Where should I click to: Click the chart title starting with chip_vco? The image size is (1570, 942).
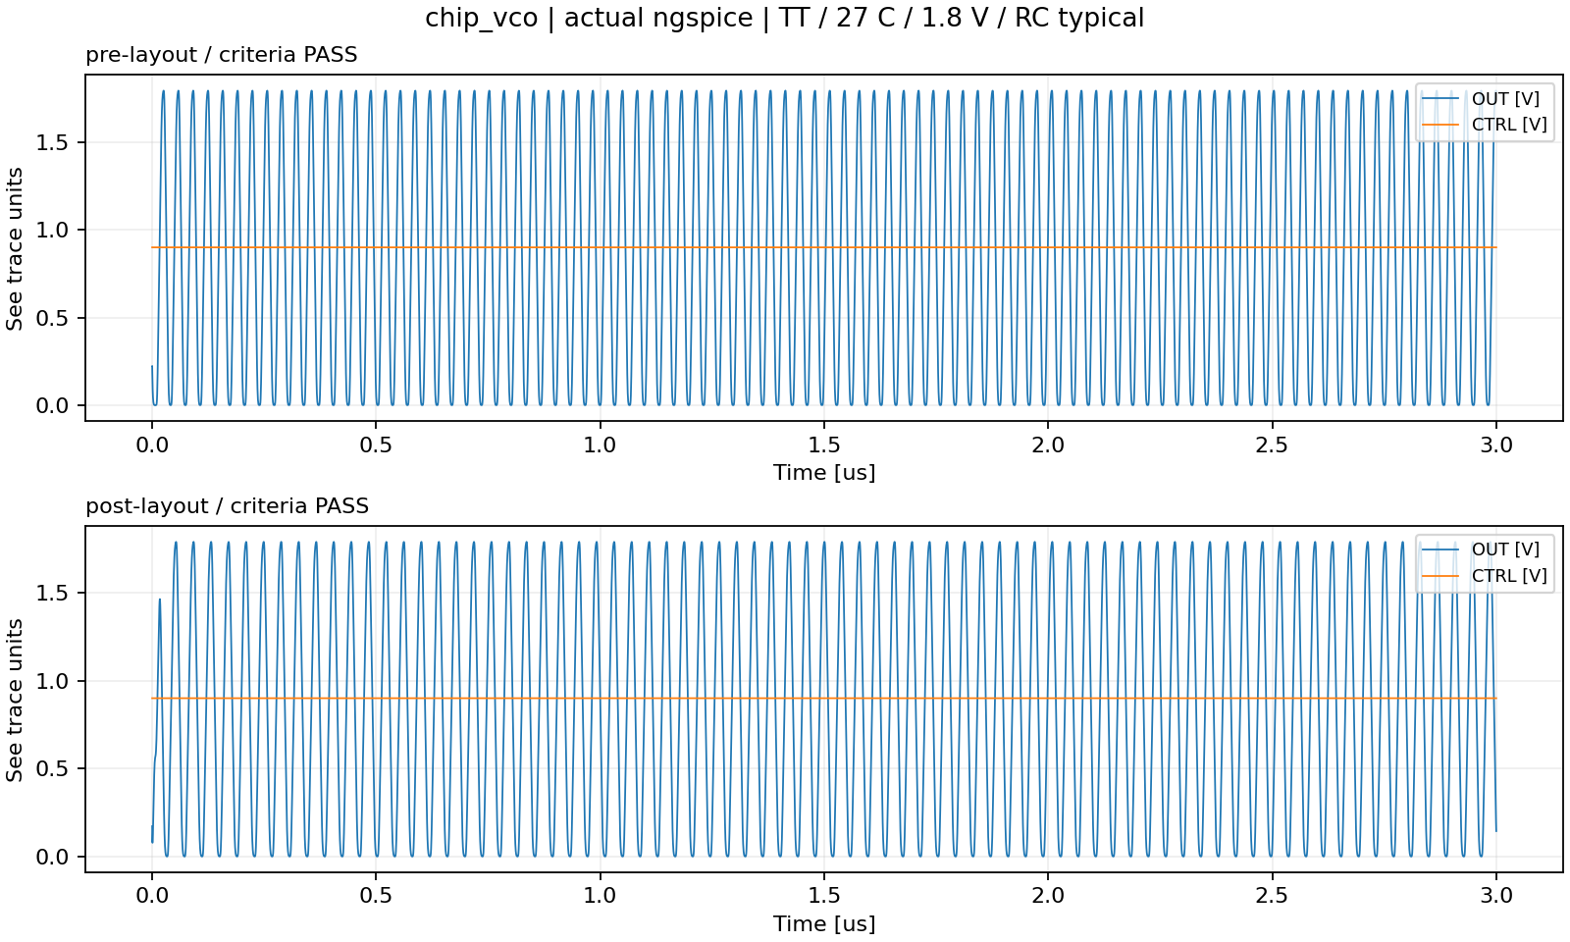pyautogui.click(x=784, y=18)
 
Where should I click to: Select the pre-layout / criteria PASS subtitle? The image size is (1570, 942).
pyautogui.click(x=222, y=55)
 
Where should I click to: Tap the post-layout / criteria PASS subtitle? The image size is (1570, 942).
pyautogui.click(x=227, y=506)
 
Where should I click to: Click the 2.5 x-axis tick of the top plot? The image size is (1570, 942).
pyautogui.click(x=1272, y=445)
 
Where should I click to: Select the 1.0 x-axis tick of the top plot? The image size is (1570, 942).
pyautogui.click(x=600, y=445)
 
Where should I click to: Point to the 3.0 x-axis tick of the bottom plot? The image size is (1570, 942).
pyautogui.click(x=1496, y=897)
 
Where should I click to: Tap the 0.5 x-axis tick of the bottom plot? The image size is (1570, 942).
pyautogui.click(x=376, y=897)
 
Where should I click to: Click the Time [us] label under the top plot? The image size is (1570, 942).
pyautogui.click(x=824, y=472)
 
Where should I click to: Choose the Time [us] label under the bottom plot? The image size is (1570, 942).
pyautogui.click(x=824, y=923)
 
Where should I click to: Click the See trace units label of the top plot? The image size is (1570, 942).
pyautogui.click(x=15, y=248)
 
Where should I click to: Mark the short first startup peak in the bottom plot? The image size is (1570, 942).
pyautogui.click(x=159, y=600)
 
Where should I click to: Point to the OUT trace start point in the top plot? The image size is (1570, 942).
pyautogui.click(x=152, y=366)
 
